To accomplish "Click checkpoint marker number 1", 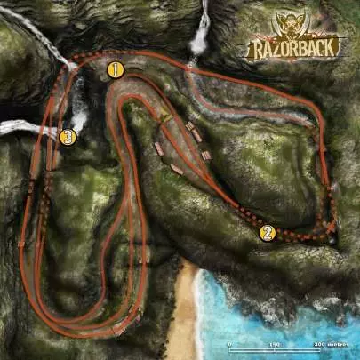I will tap(114, 68).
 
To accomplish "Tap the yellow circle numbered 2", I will tap(266, 233).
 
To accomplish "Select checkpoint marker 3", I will tap(67, 137).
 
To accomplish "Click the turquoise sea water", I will tap(267, 302).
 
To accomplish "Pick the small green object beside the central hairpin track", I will tap(163, 116).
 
